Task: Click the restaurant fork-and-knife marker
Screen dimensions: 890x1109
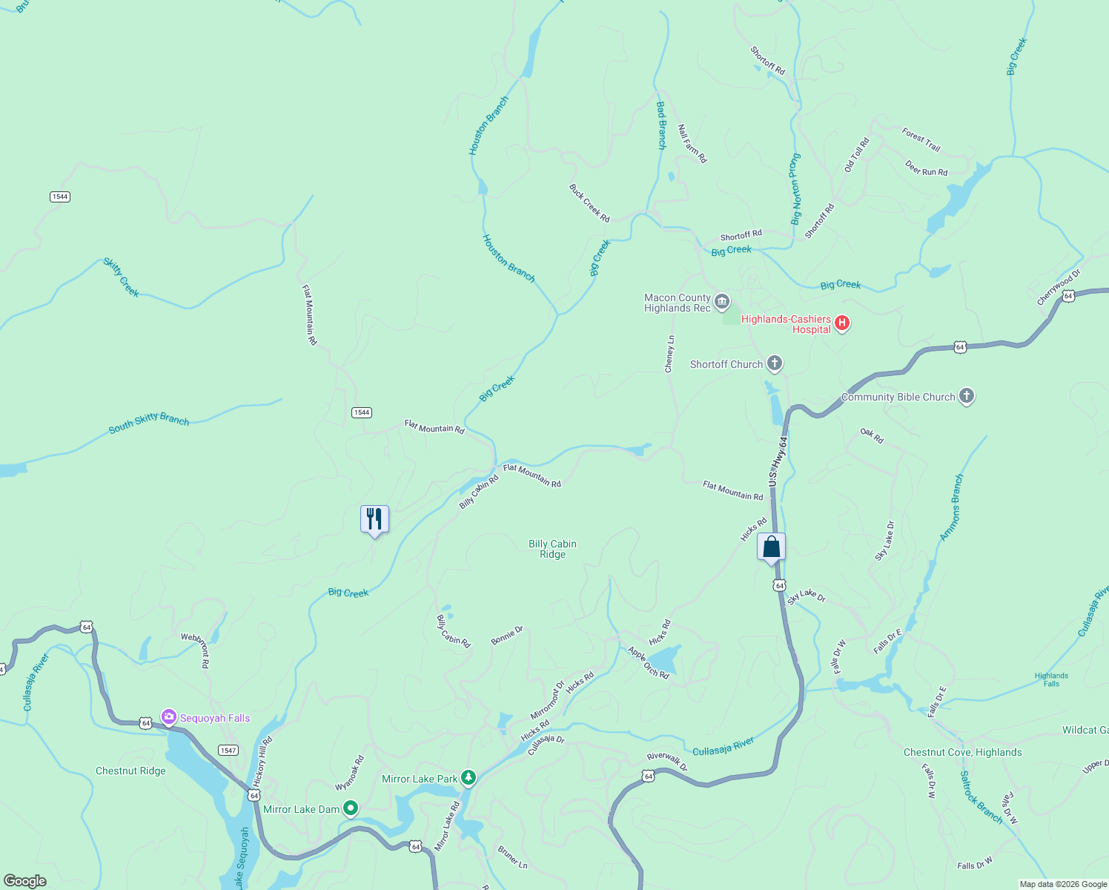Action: (374, 519)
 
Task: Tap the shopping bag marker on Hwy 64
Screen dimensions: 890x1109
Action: (771, 547)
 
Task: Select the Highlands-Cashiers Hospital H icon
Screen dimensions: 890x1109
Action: (841, 323)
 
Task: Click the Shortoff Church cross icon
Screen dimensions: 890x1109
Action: (774, 363)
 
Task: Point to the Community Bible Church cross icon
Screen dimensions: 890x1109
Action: (966, 396)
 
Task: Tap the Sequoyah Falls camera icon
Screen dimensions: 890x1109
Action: (169, 717)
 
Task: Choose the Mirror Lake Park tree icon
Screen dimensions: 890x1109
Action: (468, 778)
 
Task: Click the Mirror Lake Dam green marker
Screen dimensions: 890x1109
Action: (351, 808)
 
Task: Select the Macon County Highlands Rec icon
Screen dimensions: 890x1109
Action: (722, 302)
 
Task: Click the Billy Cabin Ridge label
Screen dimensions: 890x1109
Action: (552, 549)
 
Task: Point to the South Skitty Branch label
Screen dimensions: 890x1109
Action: (148, 422)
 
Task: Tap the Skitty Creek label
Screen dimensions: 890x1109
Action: (121, 277)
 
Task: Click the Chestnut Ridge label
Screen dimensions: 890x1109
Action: (130, 771)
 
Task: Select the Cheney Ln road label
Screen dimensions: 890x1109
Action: (669, 354)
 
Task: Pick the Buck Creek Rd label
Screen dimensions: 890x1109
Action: (589, 203)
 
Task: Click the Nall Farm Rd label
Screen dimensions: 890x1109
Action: (692, 144)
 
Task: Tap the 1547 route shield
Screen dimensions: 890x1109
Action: (228, 751)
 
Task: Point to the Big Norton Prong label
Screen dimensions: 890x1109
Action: (795, 189)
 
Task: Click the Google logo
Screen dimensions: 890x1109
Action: (24, 881)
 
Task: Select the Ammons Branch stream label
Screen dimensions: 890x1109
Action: (952, 507)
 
